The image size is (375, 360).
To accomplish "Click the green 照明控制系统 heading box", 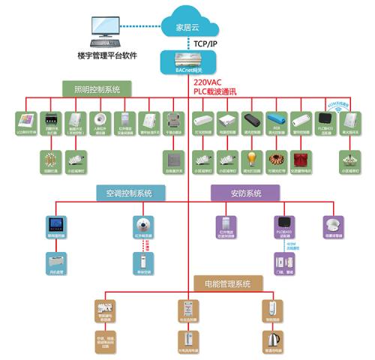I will click(x=91, y=89).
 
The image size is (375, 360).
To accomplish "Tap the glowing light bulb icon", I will click(x=251, y=158).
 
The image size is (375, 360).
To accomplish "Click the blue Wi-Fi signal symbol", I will click(x=338, y=109).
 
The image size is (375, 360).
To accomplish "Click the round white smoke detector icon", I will click(x=332, y=224).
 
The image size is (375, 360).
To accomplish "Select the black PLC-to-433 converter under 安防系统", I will click(x=280, y=223).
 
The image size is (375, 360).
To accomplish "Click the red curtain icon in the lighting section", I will click(x=301, y=159).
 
